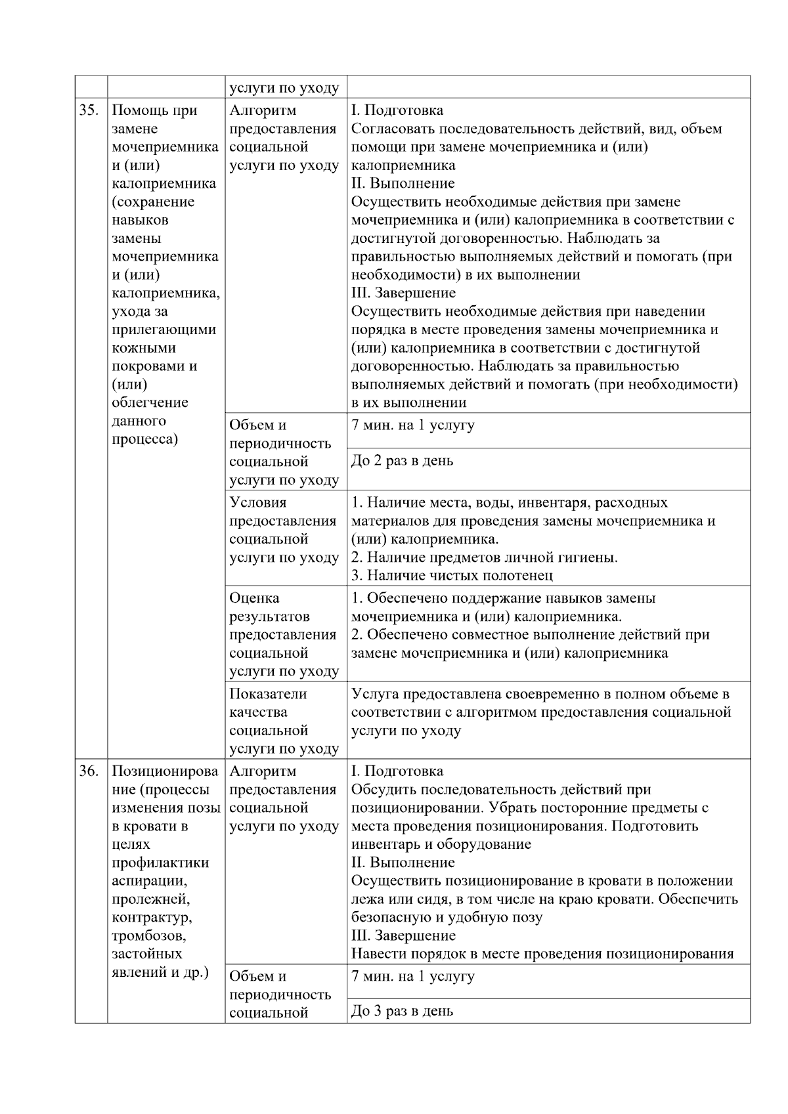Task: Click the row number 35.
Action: coord(89,110)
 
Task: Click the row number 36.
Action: coord(89,771)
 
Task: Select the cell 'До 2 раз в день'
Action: coord(402,461)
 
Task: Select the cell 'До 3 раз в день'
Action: coord(402,1011)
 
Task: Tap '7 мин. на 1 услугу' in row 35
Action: coord(412,425)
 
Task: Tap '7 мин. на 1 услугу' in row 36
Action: coord(412,976)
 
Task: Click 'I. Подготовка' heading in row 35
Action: coord(397,110)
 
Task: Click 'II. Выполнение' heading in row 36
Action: coord(403,863)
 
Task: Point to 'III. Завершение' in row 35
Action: coord(403,293)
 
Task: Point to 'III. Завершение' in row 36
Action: coord(403,935)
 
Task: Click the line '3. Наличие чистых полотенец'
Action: coord(452,576)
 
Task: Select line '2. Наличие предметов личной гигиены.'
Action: coord(484,557)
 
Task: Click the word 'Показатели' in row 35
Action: coord(268,694)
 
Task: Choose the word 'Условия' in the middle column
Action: coord(258,502)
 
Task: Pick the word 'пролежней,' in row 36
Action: coord(151,899)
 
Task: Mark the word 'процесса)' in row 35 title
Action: coord(144,439)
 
